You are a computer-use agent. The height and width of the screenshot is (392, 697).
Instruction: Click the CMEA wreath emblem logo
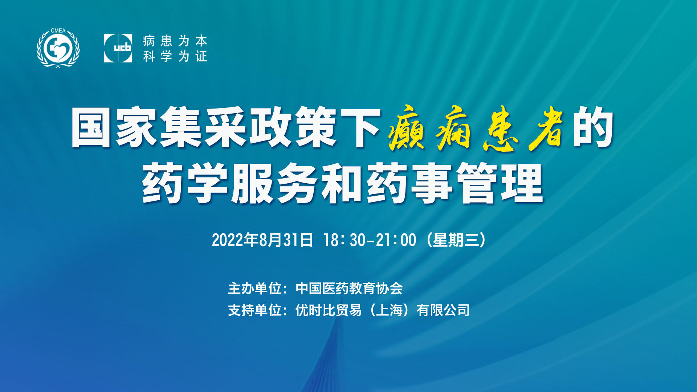[58, 48]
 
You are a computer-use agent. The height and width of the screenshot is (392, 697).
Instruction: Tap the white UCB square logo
[118, 48]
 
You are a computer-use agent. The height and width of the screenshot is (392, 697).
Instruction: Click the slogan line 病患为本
[175, 41]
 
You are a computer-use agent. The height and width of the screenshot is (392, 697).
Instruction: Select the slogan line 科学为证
[175, 56]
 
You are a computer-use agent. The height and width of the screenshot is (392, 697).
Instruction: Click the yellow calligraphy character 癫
[406, 128]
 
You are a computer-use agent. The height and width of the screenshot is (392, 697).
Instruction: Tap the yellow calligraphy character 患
[500, 128]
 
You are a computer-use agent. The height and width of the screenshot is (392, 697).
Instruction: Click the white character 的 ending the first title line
[593, 127]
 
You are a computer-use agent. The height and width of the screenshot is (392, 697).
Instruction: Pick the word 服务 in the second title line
[276, 183]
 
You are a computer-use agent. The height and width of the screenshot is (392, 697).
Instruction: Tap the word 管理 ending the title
[500, 183]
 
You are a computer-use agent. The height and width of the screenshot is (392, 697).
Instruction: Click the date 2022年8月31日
[262, 240]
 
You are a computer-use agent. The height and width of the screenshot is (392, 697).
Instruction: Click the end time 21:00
[396, 240]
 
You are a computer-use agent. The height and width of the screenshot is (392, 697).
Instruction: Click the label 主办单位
[255, 289]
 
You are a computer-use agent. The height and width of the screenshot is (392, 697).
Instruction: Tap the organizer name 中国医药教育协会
[349, 289]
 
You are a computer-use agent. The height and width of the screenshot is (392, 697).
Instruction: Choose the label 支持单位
[255, 310]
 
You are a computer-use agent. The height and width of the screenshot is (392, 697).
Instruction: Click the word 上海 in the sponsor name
[389, 310]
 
